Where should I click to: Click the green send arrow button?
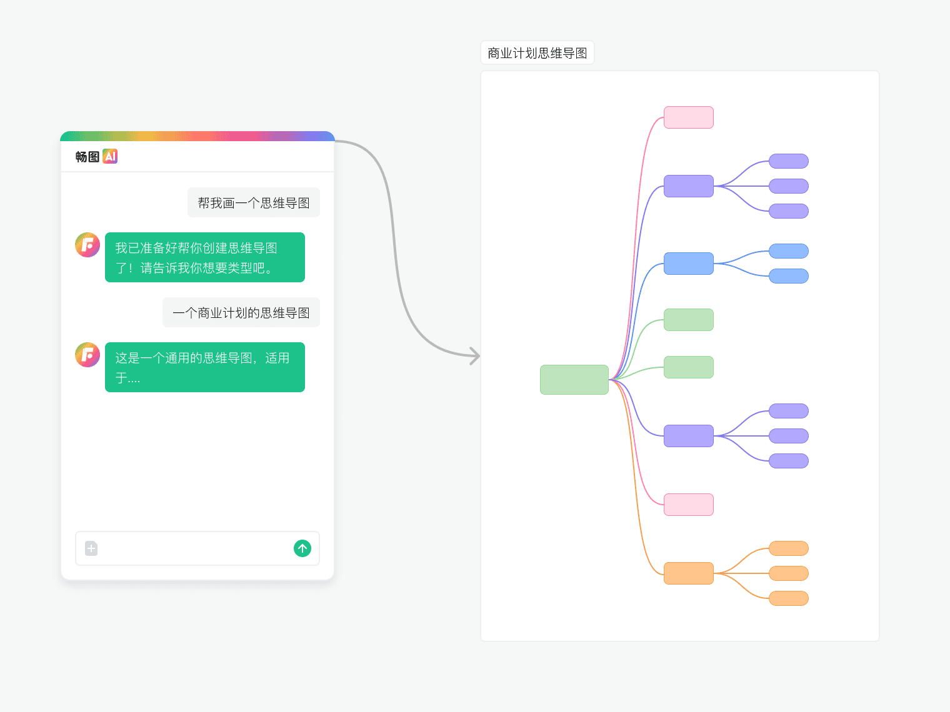click(x=302, y=548)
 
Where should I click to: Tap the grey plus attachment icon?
click(x=91, y=548)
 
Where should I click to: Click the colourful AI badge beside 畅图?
click(x=110, y=156)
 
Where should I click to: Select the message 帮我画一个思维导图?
click(x=254, y=202)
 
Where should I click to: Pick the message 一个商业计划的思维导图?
click(x=241, y=312)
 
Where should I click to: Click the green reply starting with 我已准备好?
click(x=205, y=257)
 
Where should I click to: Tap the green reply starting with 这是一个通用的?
click(x=205, y=367)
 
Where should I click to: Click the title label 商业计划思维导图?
click(x=537, y=53)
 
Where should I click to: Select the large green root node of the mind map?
click(x=574, y=380)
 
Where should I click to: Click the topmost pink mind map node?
click(x=688, y=117)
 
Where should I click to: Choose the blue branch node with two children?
click(x=688, y=264)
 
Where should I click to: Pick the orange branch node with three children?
click(x=688, y=573)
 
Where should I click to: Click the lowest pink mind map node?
click(x=688, y=505)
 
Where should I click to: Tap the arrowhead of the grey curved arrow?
click(x=476, y=356)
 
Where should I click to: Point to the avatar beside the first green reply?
click(x=87, y=245)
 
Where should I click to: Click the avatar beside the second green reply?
click(x=87, y=355)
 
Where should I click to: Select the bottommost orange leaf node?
click(x=788, y=598)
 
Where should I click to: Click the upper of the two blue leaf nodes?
click(x=788, y=251)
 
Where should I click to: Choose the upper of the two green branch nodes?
click(x=688, y=320)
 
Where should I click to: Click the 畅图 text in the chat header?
click(x=87, y=157)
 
